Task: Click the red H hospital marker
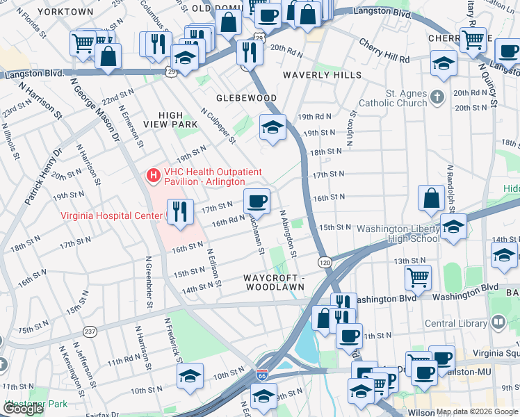coord(153,177)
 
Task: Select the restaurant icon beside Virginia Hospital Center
coord(180,211)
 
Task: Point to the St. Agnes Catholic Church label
coord(407,98)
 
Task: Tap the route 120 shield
coord(325,262)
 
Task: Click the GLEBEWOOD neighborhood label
coord(246,98)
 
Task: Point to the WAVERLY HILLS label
coord(323,75)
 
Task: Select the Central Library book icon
coord(497,322)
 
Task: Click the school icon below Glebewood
coord(273,126)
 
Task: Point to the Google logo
coord(23,409)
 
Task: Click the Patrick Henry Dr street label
coord(44,177)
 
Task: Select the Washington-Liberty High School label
coord(398,234)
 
